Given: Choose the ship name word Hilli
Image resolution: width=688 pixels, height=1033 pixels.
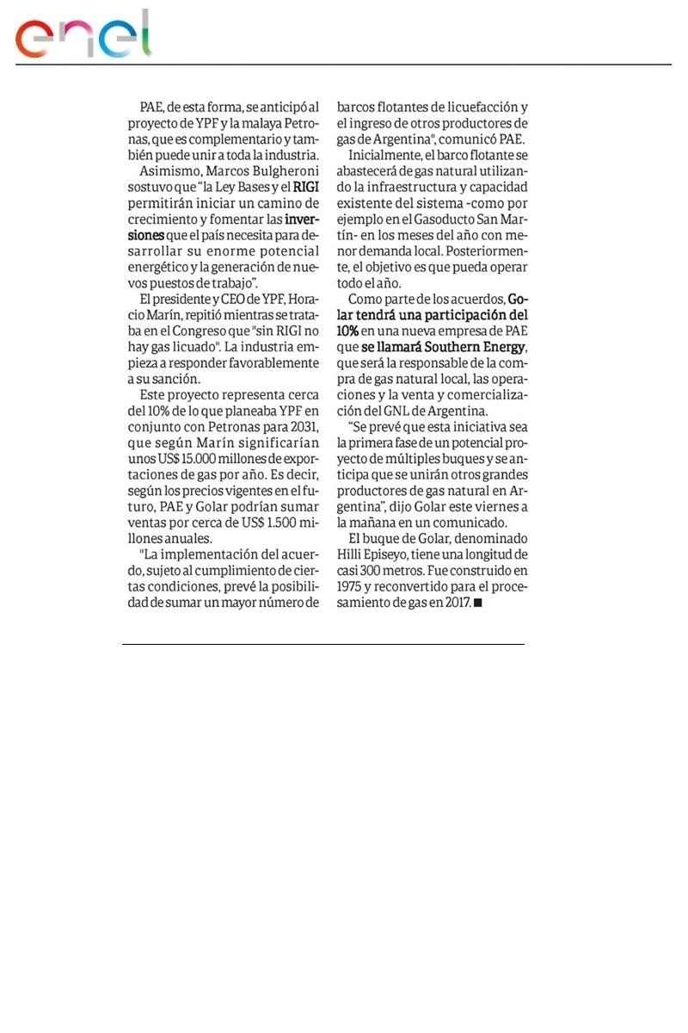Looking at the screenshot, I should coord(355,556).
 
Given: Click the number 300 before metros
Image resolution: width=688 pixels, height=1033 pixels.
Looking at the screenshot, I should coord(384,572).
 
